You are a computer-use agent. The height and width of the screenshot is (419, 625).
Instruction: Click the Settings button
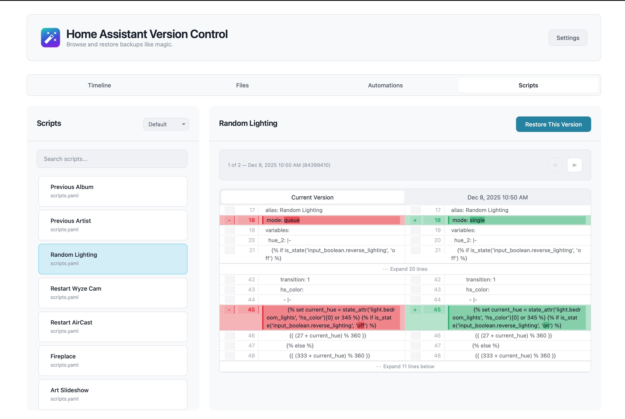coord(567,38)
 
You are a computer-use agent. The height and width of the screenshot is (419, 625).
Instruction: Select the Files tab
coord(242,85)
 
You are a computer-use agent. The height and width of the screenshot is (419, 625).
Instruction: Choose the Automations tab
coord(385,85)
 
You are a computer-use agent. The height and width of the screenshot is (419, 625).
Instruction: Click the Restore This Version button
coord(553,124)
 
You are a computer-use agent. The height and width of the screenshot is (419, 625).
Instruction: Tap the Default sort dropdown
coord(166,124)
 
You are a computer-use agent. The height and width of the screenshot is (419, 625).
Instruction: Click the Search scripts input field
coord(112,159)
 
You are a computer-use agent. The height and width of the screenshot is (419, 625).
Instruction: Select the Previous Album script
coord(113,191)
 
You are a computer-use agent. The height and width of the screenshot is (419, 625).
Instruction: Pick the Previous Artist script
coord(113,225)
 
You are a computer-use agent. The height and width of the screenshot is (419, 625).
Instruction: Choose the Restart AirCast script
coord(113,327)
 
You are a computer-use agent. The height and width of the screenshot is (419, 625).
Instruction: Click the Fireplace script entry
coord(113,360)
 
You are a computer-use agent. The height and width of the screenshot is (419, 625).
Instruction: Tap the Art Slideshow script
coord(113,394)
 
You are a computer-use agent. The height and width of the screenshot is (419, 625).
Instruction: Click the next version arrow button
coord(574,165)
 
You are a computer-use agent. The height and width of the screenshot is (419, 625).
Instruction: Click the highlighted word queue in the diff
coord(292,220)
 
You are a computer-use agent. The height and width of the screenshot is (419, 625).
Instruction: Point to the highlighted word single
coord(477,220)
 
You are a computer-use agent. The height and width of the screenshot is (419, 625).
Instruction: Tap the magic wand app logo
coord(51,38)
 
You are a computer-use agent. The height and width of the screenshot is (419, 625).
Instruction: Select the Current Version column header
coord(312,197)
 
